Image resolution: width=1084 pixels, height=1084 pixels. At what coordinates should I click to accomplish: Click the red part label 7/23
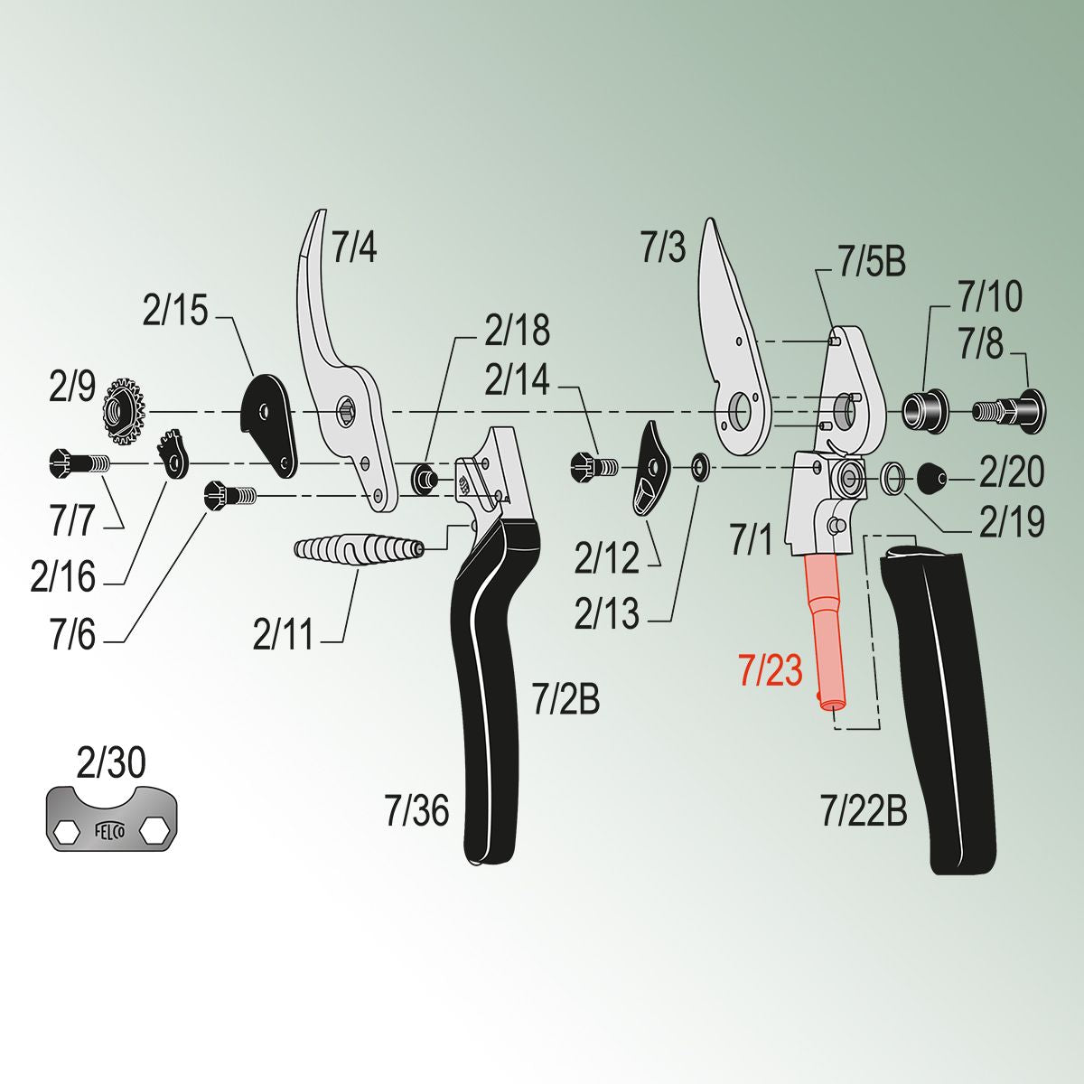(770, 672)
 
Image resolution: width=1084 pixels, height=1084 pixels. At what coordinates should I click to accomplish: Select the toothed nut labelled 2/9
(125, 412)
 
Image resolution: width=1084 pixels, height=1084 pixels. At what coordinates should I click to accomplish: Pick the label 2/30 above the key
(111, 764)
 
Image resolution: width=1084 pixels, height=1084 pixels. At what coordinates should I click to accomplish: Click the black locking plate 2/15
(269, 419)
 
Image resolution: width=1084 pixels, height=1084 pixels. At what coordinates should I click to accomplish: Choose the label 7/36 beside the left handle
(416, 810)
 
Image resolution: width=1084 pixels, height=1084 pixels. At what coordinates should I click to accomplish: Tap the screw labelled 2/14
(593, 466)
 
